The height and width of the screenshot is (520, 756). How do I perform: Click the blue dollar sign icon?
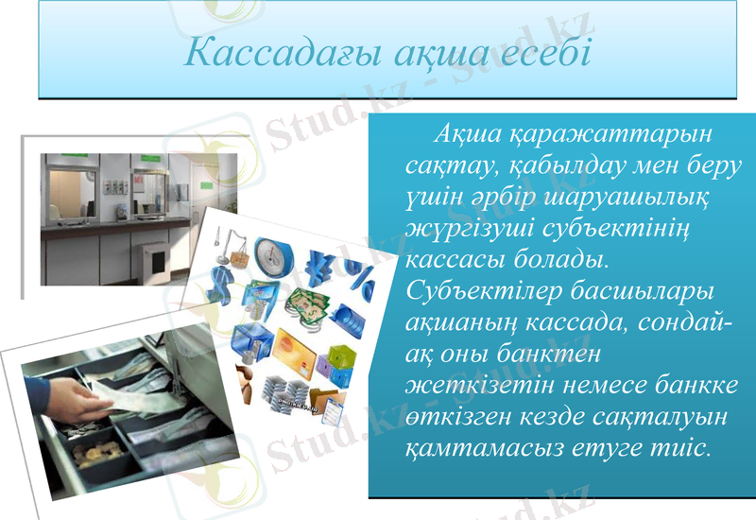point(224,281)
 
